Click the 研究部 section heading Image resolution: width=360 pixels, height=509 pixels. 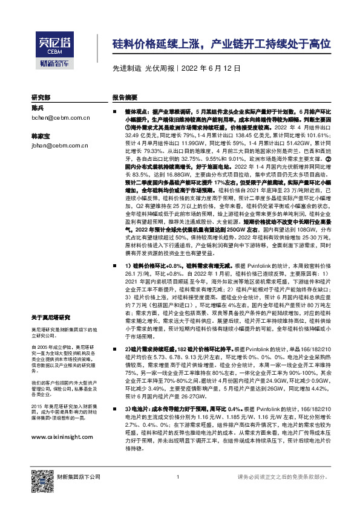[41, 97]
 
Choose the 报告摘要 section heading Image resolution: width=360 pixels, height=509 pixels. [125, 97]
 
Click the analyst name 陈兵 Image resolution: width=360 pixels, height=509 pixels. [38, 108]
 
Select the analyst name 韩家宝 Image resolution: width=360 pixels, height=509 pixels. [41, 136]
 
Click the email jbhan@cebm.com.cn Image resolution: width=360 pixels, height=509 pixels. [59, 146]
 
